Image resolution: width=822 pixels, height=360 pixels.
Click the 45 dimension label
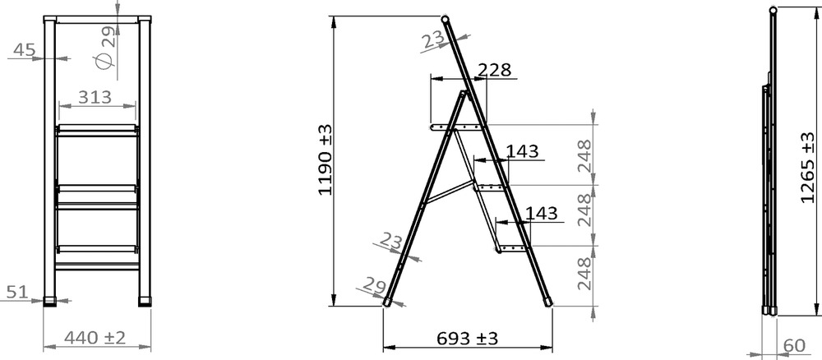click(24, 50)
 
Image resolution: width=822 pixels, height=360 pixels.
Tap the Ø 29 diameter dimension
click(105, 48)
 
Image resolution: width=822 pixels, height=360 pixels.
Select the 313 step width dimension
click(95, 97)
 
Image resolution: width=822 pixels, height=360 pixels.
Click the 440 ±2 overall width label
click(95, 338)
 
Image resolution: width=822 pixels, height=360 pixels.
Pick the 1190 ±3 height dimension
click(325, 159)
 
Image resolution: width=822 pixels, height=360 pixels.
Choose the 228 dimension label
click(493, 70)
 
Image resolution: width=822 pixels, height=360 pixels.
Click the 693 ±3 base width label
click(467, 339)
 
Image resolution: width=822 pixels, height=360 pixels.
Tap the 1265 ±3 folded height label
click(808, 168)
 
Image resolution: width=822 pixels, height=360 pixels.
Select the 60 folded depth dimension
click(794, 346)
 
